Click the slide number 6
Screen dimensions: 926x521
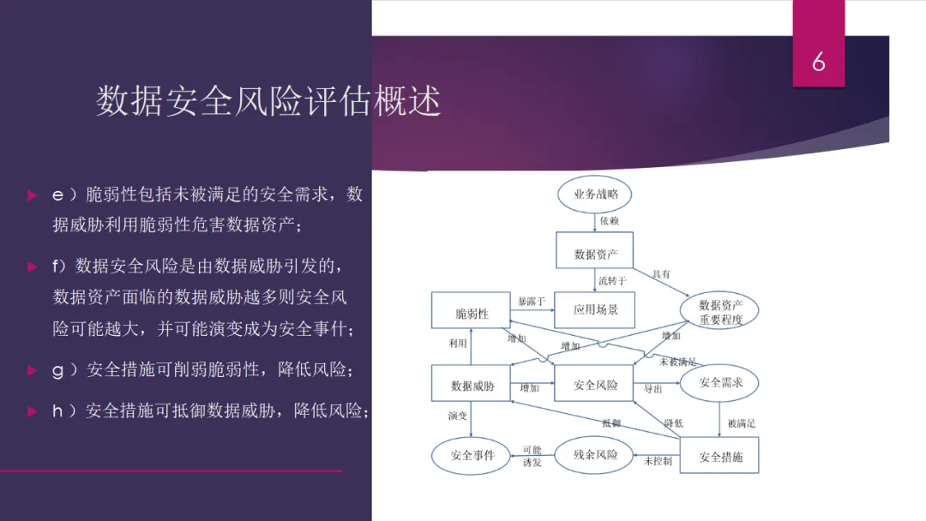[819, 62]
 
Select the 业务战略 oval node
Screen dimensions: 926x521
[595, 195]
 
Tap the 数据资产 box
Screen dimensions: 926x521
[595, 254]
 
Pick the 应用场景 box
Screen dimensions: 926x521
[595, 309]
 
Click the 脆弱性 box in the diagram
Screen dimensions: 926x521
[471, 314]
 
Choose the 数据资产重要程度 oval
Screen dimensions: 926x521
[720, 312]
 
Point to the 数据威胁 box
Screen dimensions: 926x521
[472, 386]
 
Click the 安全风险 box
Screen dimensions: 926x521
[595, 385]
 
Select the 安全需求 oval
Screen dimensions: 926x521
[720, 383]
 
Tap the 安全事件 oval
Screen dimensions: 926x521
[472, 455]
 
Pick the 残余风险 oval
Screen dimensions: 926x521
[595, 454]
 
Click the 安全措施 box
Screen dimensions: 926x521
[720, 457]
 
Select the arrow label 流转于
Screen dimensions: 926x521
[612, 279]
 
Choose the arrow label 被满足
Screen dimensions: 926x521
[741, 422]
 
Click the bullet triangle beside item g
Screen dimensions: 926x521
[32, 370]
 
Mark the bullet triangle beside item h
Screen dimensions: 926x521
[32, 411]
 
